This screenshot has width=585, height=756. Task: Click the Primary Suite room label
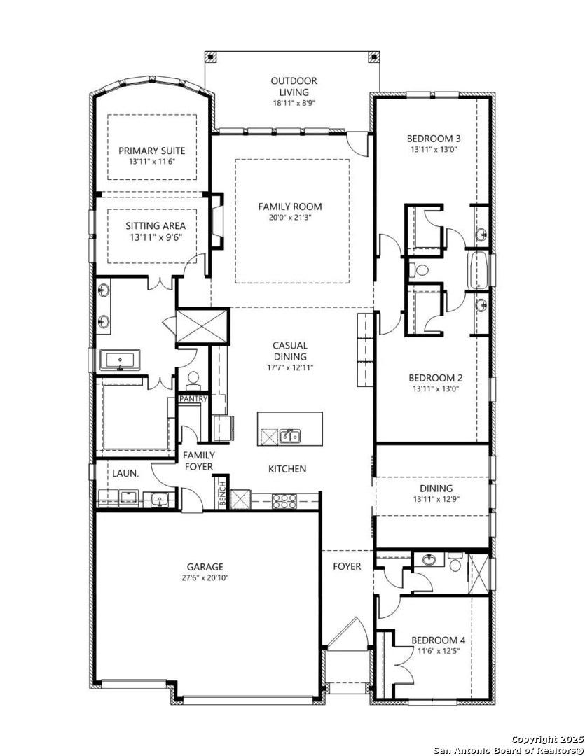tap(151, 150)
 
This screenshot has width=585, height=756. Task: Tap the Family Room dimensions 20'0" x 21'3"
tap(289, 218)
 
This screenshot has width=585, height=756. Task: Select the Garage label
tap(205, 567)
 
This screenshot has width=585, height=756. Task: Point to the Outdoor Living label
tap(294, 86)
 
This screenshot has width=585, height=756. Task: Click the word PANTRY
tap(193, 399)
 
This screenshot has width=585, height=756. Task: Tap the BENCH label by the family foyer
tap(223, 493)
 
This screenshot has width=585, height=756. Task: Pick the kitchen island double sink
tap(289, 436)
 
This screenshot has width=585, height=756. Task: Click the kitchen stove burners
tap(284, 501)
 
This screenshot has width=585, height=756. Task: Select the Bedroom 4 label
tap(439, 640)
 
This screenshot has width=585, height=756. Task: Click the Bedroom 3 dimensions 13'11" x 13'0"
tap(434, 150)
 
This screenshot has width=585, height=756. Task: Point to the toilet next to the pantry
tap(193, 379)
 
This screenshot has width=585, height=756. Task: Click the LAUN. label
tap(125, 473)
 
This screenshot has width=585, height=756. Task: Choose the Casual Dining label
tap(289, 351)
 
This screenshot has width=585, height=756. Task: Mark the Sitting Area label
tap(156, 225)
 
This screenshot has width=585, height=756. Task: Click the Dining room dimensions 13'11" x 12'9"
tap(436, 500)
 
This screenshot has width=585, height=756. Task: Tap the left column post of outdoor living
tap(210, 57)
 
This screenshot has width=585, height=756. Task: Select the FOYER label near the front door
tap(347, 566)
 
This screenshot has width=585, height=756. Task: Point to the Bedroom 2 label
tap(435, 378)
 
